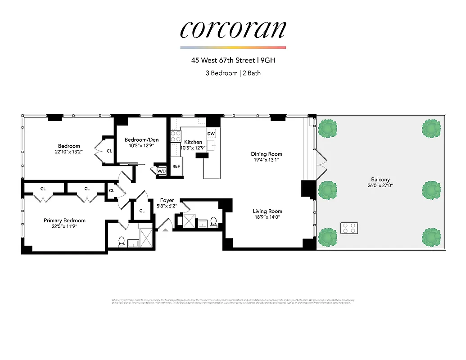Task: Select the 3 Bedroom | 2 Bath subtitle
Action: (x=233, y=72)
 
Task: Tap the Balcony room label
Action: (x=380, y=180)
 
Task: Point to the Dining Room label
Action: (x=267, y=154)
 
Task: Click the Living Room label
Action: (x=267, y=211)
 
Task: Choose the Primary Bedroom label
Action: (x=64, y=220)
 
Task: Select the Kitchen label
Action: (x=193, y=142)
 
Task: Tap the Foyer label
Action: (x=167, y=200)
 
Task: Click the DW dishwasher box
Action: (x=211, y=134)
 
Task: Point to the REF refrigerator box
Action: (x=176, y=166)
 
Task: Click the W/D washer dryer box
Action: (x=161, y=171)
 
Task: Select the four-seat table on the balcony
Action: (x=349, y=228)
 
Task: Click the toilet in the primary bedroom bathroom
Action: (x=121, y=242)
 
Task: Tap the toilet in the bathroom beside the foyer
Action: (x=213, y=222)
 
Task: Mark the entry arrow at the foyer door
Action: (x=165, y=230)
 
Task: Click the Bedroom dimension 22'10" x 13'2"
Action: (x=69, y=152)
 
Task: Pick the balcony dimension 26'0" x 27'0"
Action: (x=380, y=185)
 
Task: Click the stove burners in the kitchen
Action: (x=176, y=136)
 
